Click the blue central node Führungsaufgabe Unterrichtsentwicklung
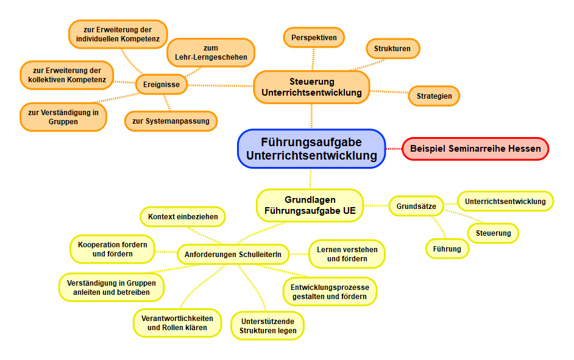[x=311, y=149]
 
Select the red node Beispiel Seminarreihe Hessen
[x=475, y=149]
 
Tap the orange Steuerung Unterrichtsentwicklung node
[x=311, y=87]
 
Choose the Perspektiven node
[x=314, y=38]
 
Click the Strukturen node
[x=392, y=49]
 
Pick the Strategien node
[x=434, y=96]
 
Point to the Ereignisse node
[x=161, y=85]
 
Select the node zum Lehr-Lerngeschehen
[x=211, y=52]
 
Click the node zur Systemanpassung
[x=171, y=121]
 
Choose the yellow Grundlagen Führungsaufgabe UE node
[x=310, y=205]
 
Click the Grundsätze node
[x=416, y=206]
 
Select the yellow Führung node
[x=447, y=249]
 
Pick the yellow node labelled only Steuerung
[x=493, y=233]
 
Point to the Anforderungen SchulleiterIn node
[x=233, y=254]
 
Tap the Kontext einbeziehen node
[x=183, y=216]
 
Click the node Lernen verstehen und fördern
[x=347, y=254]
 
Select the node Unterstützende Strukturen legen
[x=268, y=326]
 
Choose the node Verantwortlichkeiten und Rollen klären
[x=177, y=323]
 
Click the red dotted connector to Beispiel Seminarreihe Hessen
[x=394, y=149]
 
